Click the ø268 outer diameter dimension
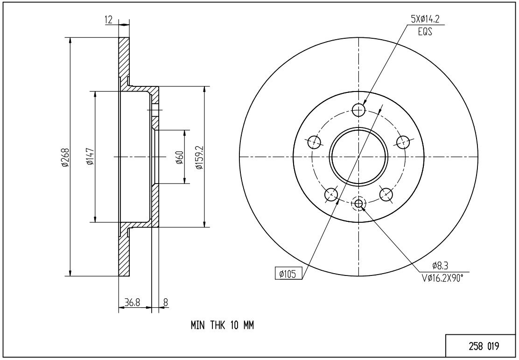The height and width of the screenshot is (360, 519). click(x=64, y=156)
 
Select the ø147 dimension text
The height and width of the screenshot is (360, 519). click(x=90, y=156)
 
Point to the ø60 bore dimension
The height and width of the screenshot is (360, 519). click(x=180, y=157)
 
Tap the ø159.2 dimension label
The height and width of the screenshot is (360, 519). click(x=199, y=157)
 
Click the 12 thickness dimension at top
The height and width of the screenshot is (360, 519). click(x=109, y=20)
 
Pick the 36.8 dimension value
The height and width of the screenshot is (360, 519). click(x=133, y=303)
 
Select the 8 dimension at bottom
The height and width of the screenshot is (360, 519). click(x=166, y=303)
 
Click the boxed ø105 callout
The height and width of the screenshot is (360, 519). click(x=288, y=274)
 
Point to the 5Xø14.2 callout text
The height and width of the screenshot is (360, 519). click(x=425, y=19)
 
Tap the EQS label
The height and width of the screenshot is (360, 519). click(x=425, y=32)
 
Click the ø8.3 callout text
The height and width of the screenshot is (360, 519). click(x=440, y=265)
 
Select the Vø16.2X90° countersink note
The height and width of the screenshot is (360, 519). click(x=442, y=279)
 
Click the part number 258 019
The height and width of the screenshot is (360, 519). click(x=484, y=346)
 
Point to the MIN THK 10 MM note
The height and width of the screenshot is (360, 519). click(x=222, y=325)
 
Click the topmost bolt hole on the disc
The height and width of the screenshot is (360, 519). click(x=358, y=110)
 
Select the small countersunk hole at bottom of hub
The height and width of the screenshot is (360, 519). click(x=359, y=204)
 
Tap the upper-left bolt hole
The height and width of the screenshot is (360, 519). click(x=315, y=142)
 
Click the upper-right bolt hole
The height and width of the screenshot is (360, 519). click(x=403, y=142)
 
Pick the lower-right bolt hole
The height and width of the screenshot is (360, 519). click(x=386, y=194)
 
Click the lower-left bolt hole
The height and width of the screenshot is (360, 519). click(x=331, y=194)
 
